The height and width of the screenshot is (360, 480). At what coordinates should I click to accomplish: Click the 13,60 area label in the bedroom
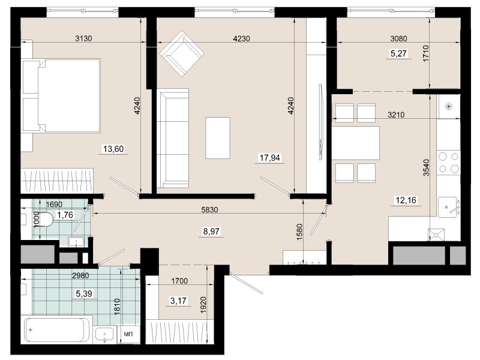tap(113, 149)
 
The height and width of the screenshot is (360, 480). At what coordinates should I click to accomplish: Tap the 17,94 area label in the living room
tap(269, 158)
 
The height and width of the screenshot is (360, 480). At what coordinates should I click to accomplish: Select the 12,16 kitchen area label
tap(406, 200)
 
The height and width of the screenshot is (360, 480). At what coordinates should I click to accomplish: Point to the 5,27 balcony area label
tap(398, 53)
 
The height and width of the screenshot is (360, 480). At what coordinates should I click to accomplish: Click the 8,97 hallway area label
tap(211, 231)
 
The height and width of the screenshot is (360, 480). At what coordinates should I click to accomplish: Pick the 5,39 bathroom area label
tap(83, 294)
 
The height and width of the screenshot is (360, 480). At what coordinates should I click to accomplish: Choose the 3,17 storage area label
tap(178, 301)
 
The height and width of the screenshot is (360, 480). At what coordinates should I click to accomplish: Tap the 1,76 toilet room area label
tap(65, 215)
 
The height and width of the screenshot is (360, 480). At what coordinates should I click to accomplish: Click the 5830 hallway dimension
tap(209, 209)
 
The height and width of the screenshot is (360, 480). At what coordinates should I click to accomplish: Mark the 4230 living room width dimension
tap(242, 38)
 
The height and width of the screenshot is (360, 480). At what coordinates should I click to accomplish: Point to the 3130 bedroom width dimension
tap(83, 38)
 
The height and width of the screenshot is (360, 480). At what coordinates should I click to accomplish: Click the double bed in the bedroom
tap(61, 96)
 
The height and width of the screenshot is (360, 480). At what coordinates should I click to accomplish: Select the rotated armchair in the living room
tap(182, 53)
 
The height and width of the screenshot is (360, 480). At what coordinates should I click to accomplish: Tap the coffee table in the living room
tap(218, 138)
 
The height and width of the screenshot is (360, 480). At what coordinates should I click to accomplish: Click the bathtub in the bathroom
tap(58, 331)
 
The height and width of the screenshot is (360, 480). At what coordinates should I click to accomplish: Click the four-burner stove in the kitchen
tap(448, 163)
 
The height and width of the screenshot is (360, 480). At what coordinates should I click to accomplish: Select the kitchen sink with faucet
tap(448, 207)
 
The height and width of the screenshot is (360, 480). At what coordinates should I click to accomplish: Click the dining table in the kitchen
tap(356, 143)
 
